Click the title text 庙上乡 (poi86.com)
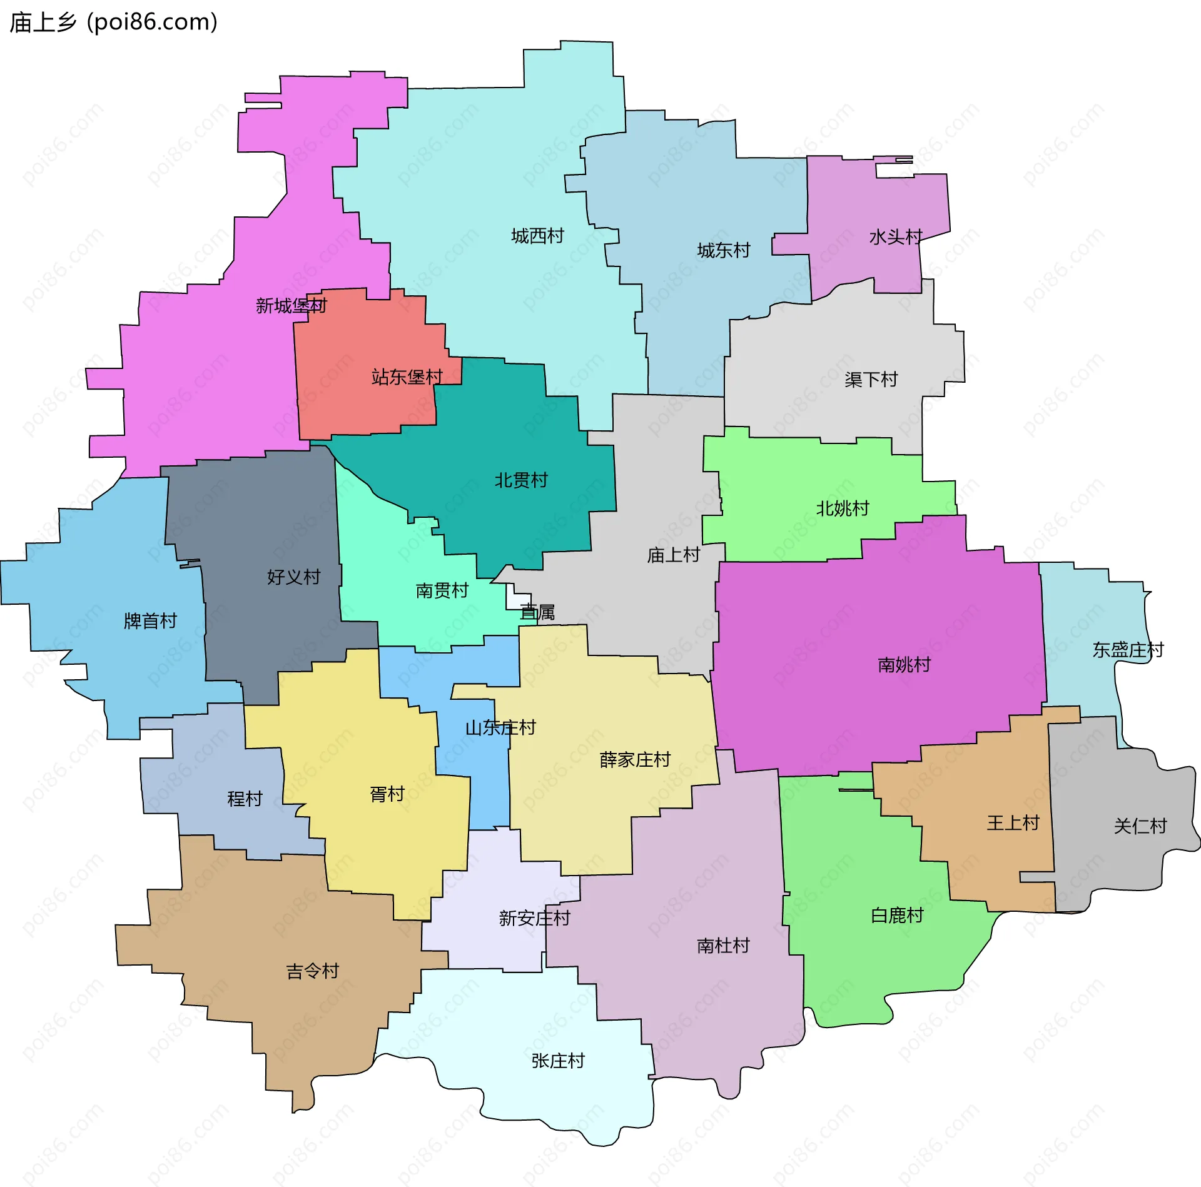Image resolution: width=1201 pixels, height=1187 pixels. click(114, 23)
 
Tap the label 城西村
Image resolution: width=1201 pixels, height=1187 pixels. click(537, 236)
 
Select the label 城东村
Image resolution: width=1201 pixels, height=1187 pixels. click(724, 251)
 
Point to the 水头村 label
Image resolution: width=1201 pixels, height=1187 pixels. click(896, 237)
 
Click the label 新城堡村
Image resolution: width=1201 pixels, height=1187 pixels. click(291, 306)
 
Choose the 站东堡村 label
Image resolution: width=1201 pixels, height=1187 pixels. click(407, 377)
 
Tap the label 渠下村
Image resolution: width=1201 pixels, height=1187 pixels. click(871, 380)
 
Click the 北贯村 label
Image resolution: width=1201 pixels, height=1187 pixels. click(521, 480)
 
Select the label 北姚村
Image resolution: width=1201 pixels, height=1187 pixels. click(843, 508)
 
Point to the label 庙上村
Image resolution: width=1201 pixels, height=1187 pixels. click(673, 555)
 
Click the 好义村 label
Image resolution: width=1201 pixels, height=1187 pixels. click(293, 577)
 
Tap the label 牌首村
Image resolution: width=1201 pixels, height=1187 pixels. click(150, 621)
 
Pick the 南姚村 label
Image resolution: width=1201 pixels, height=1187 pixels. click(904, 665)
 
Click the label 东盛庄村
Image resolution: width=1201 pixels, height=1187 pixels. click(1128, 650)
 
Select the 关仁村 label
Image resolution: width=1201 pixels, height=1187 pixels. click(1140, 826)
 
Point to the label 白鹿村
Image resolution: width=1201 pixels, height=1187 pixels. click(897, 916)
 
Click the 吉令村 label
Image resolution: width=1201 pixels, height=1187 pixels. click(312, 971)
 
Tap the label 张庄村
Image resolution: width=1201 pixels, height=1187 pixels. click(557, 1061)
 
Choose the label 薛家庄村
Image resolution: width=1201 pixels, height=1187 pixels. click(635, 760)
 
